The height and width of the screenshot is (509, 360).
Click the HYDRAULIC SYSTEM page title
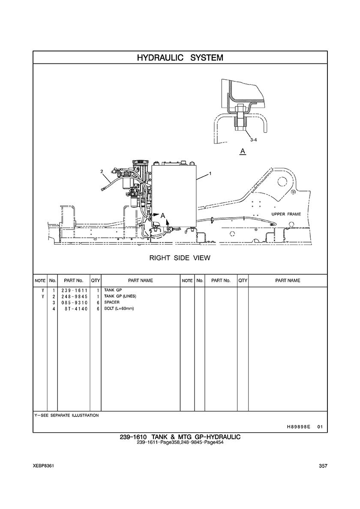point(180,58)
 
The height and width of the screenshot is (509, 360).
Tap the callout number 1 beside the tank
point(210,174)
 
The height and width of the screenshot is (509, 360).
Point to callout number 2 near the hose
point(102,171)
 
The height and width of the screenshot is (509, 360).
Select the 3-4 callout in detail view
point(254,140)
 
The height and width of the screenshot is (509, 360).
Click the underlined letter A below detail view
point(243,151)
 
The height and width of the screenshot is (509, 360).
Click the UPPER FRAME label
point(286,214)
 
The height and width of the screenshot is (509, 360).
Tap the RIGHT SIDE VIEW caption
point(180,258)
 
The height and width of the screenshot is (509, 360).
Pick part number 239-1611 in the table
point(74,290)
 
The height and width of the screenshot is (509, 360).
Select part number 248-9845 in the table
point(74,296)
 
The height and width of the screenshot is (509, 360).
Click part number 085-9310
point(74,302)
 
